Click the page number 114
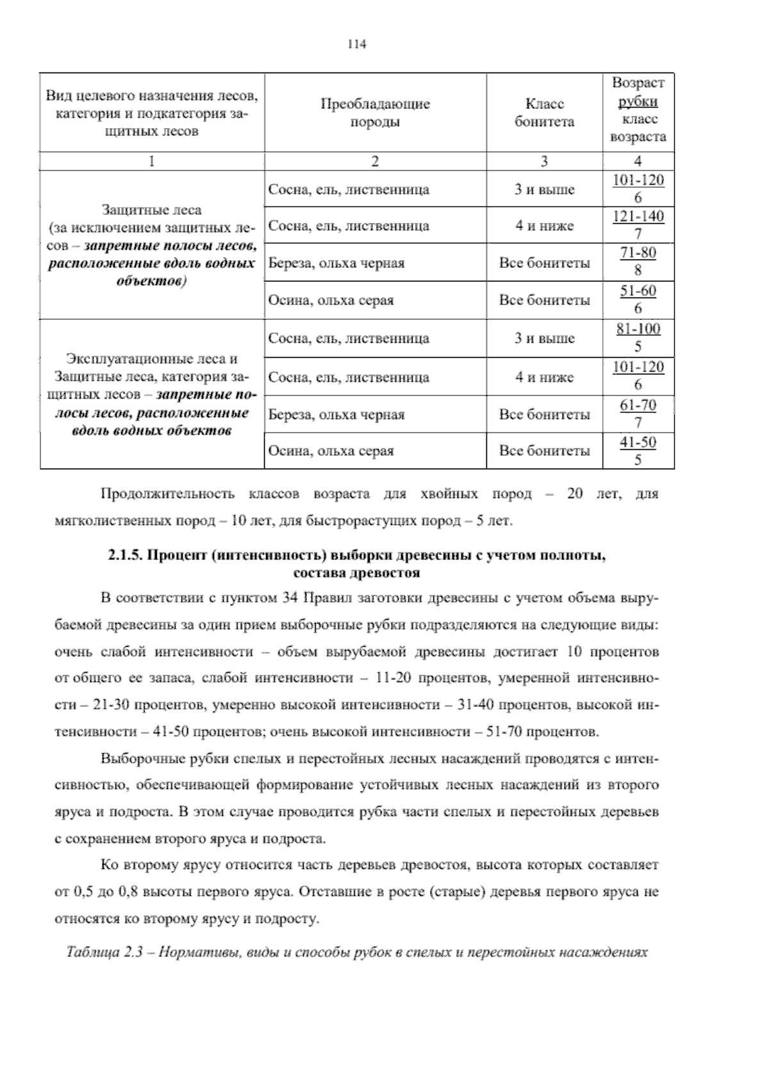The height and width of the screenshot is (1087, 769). pos(356,44)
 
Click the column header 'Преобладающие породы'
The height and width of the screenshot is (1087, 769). pos(375,113)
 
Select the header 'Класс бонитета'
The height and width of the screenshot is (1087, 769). pos(544,113)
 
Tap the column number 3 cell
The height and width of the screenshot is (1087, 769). pos(544,162)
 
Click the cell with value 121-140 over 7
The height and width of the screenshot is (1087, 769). pos(638,225)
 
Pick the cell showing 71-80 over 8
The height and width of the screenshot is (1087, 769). pos(638,261)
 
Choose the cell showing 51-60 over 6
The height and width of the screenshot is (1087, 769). pos(638,299)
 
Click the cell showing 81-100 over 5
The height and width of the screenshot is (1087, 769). pos(638,338)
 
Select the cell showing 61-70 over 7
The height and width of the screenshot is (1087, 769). pos(638,414)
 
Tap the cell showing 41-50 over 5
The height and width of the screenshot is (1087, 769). pos(638,451)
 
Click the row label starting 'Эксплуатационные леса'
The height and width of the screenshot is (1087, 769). pos(152,358)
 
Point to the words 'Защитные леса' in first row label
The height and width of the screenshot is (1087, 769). pos(152,210)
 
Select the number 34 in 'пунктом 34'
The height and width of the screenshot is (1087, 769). pos(288,598)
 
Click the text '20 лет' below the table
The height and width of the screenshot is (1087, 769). pos(585,494)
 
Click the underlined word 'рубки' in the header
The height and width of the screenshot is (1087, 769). pos(638,101)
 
